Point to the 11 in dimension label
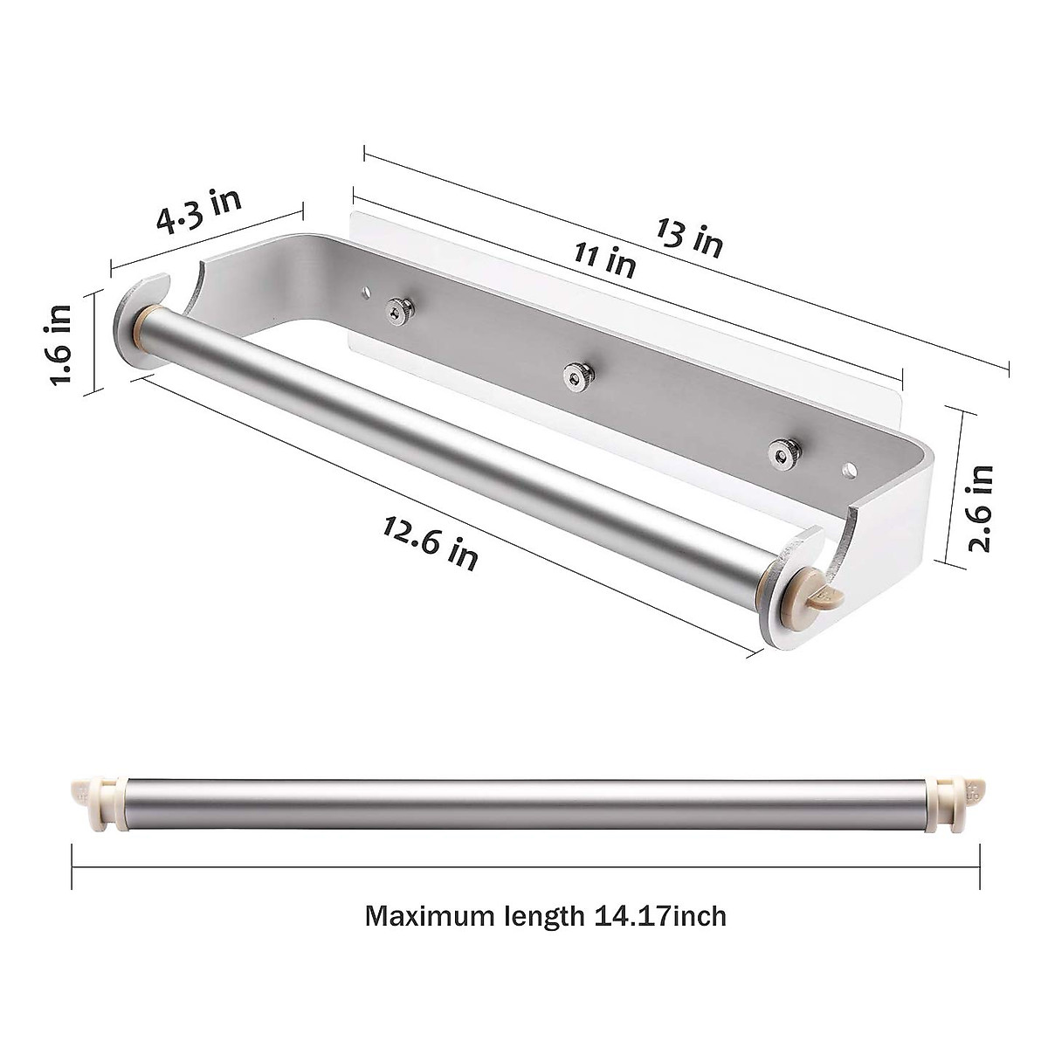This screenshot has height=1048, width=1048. pyautogui.click(x=604, y=258)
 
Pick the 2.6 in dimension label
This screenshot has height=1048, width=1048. pyautogui.click(x=982, y=507)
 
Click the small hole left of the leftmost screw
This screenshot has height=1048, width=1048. pyautogui.click(x=364, y=289)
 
